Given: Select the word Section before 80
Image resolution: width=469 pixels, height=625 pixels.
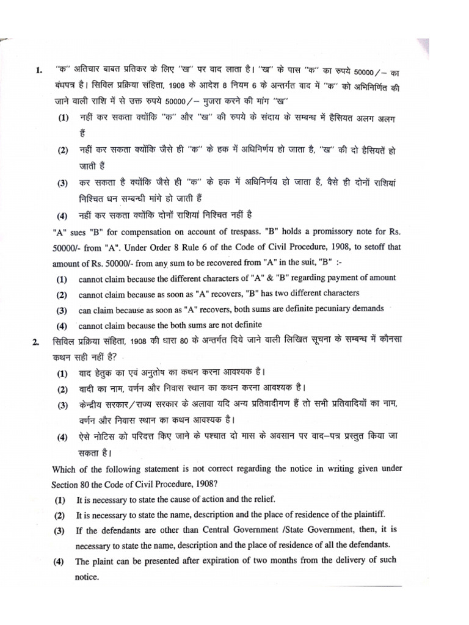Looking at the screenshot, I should coord(68,484).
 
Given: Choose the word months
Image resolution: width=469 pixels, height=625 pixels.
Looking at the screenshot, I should coord(317,560).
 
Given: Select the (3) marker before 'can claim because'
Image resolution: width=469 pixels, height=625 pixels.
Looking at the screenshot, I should coord(62,309).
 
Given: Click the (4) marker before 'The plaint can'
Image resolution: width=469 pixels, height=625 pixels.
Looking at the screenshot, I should coord(62,561).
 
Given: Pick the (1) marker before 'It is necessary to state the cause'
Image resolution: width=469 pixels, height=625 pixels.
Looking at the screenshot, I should coord(62,499).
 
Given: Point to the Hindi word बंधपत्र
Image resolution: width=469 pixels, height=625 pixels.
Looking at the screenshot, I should coord(67,86).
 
